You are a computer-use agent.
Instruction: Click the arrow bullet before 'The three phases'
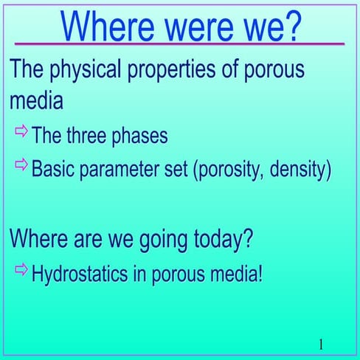pyautogui.click(x=21, y=134)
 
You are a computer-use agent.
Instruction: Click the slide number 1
pyautogui.click(x=322, y=344)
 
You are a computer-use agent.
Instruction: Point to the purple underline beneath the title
pyautogui.click(x=180, y=44)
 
